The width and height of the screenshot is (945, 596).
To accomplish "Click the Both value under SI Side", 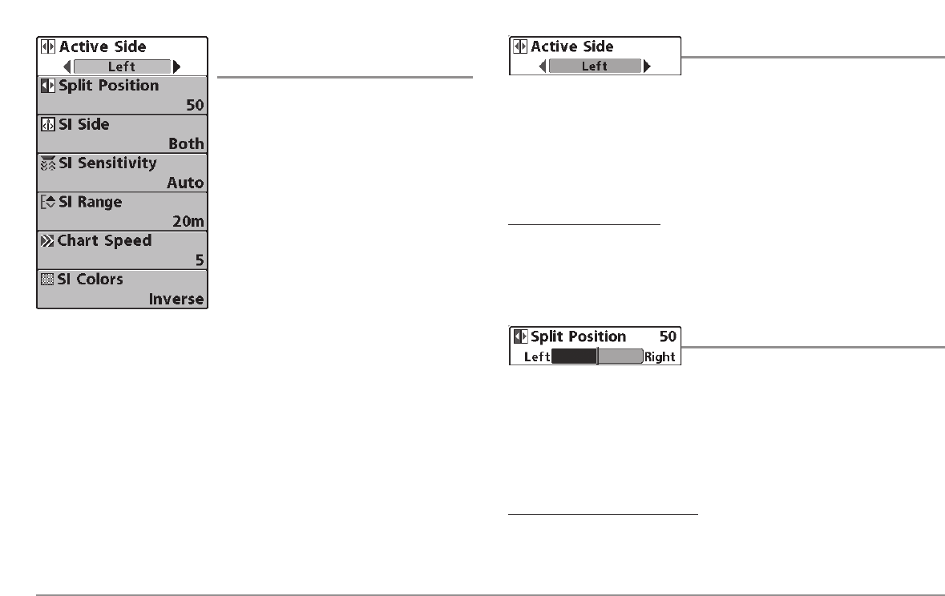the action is [186, 144].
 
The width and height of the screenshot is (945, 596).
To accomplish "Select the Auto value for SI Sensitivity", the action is [185, 183].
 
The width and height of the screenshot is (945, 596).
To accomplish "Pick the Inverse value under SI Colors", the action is [176, 300].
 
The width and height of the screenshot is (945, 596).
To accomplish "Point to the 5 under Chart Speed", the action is [199, 260].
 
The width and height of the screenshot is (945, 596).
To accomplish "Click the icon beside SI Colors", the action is [46, 280].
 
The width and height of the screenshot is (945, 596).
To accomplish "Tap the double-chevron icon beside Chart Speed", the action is [46, 240].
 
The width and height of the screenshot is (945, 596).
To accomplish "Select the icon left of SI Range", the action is [46, 202].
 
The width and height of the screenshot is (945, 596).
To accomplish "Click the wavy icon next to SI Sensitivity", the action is [46, 163].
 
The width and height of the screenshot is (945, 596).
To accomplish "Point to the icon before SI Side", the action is [46, 125].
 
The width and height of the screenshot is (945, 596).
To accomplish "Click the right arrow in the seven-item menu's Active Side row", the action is [177, 66].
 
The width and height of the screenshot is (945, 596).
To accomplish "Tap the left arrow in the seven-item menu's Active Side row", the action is [67, 66].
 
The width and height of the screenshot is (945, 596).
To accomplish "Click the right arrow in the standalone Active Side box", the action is [648, 66].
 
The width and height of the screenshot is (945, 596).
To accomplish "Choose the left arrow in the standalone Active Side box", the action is [543, 66].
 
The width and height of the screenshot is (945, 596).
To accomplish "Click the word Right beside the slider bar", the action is [660, 356].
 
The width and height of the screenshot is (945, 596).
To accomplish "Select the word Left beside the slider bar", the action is [536, 356].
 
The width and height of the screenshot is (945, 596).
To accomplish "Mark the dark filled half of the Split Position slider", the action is [574, 356].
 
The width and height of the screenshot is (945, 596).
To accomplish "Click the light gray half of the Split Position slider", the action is [620, 356].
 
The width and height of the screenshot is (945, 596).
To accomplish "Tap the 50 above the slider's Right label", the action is [668, 337].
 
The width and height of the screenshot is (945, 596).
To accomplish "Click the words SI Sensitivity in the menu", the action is [107, 163].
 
